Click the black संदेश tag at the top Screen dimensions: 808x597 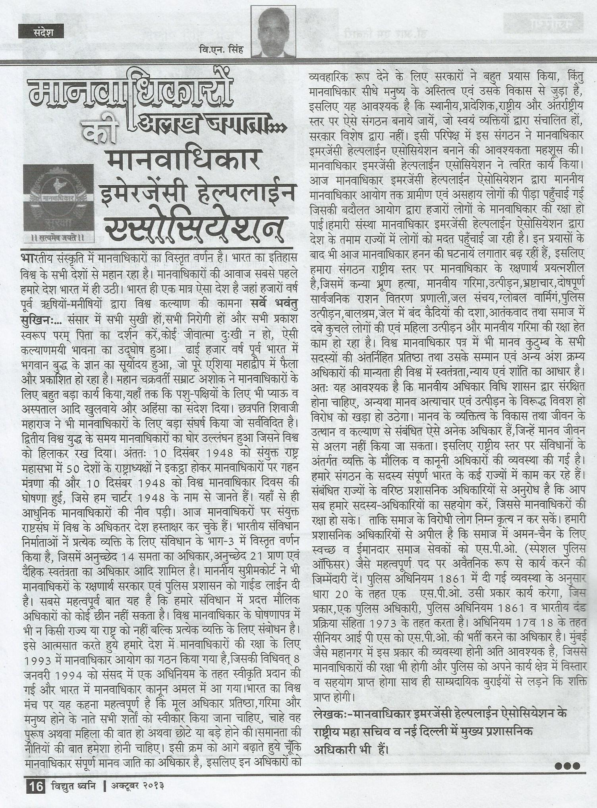tap(41, 31)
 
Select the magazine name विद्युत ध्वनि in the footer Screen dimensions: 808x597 tap(73, 787)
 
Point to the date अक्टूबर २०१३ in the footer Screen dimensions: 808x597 tap(137, 787)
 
